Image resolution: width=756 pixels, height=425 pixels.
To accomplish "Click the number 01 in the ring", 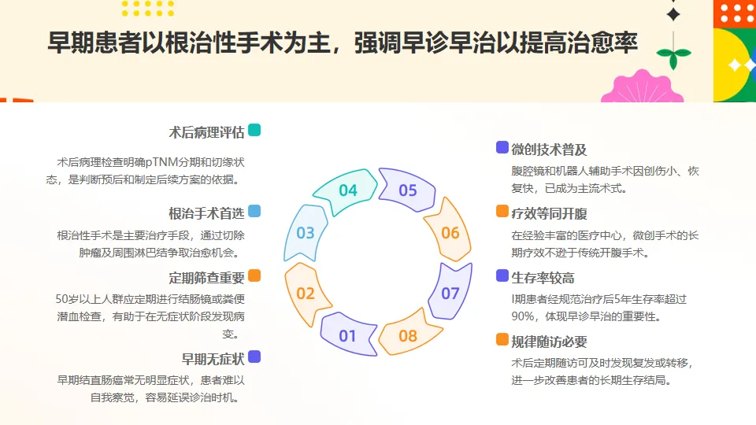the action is click(x=347, y=336).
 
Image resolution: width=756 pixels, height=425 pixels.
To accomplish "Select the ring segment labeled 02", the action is click(x=306, y=294).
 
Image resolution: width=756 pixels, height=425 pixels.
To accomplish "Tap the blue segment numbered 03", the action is click(x=306, y=233).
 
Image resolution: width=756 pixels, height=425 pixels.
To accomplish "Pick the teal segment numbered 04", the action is click(x=348, y=190).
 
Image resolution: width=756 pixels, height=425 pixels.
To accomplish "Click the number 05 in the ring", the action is click(x=407, y=190).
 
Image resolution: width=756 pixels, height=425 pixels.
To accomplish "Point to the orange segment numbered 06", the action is click(x=450, y=233).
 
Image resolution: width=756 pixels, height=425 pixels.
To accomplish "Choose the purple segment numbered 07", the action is click(x=450, y=294).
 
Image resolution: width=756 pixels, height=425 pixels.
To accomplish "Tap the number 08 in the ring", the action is click(x=407, y=336).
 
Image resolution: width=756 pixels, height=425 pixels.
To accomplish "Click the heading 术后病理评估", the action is click(x=206, y=131).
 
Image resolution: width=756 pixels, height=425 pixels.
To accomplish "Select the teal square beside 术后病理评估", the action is click(x=254, y=130).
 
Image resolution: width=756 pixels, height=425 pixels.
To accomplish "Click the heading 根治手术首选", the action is click(x=206, y=213).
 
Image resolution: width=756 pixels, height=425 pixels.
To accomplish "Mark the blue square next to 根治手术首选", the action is click(x=254, y=211).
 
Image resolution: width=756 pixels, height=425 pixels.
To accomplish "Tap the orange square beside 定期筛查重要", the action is click(x=254, y=275).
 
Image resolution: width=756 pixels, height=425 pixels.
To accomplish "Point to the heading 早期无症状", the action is click(x=213, y=359).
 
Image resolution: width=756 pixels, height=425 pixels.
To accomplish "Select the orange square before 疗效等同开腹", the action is click(x=502, y=212).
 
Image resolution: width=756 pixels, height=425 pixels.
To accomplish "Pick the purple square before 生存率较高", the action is click(x=502, y=275).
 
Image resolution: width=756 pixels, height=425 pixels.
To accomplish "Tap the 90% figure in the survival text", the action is click(x=522, y=316).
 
